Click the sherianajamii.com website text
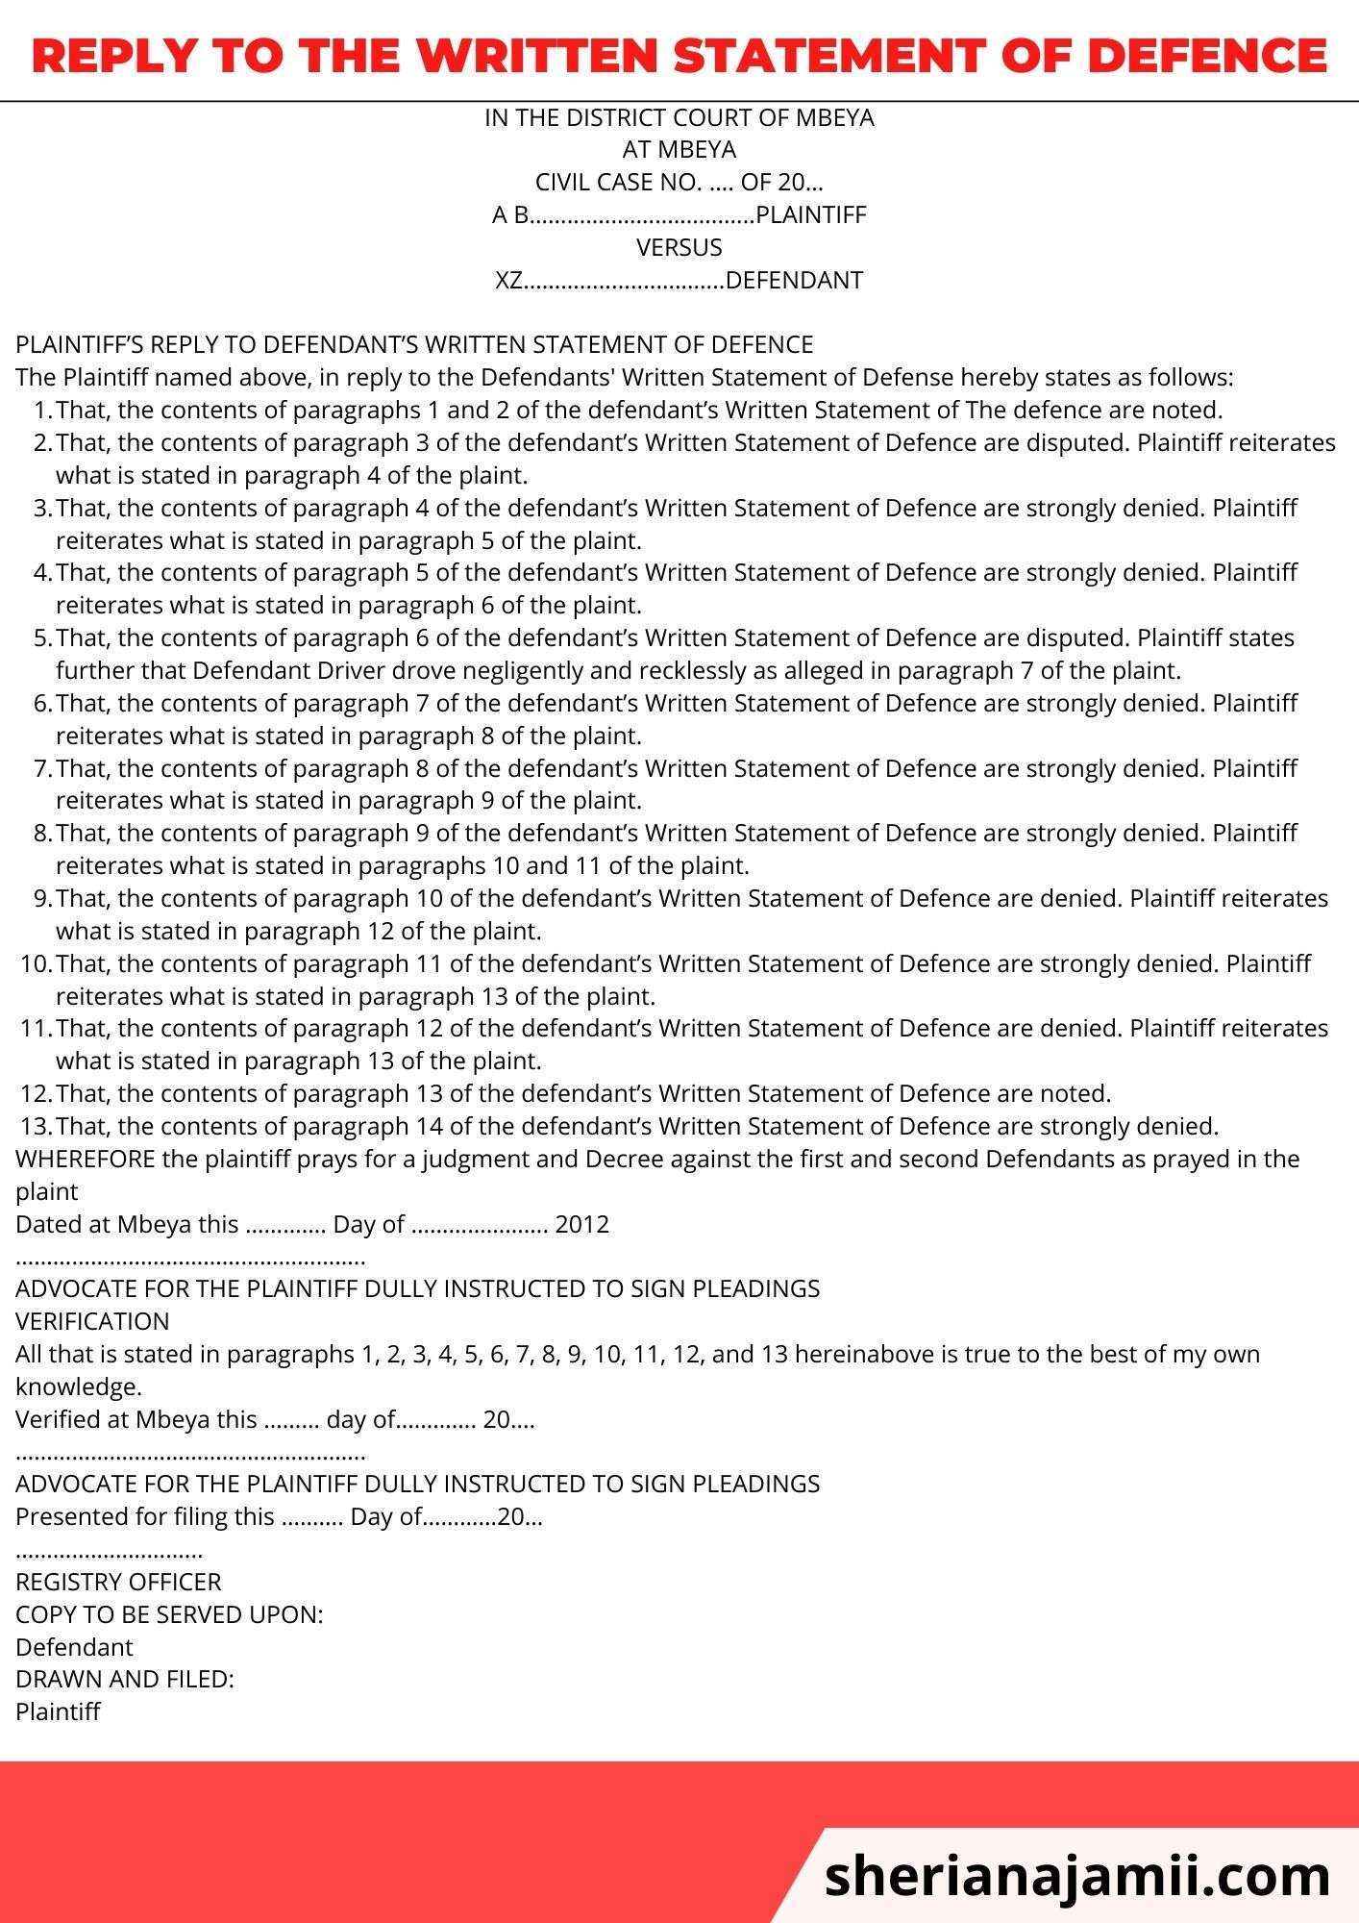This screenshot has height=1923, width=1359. (1076, 1876)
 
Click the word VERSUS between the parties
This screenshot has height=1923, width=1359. (679, 247)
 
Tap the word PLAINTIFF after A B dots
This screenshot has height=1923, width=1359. (811, 214)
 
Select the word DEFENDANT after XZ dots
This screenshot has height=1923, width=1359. (794, 280)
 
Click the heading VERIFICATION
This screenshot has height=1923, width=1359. (92, 1321)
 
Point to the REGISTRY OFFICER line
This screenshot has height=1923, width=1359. (118, 1582)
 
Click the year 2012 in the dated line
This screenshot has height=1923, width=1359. (582, 1224)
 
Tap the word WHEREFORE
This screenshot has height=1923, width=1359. (86, 1159)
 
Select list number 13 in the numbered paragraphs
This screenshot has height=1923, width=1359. (35, 1126)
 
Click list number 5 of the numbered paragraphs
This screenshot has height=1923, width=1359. (41, 637)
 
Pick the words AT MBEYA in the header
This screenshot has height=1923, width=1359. (679, 149)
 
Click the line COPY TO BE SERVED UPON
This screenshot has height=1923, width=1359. (169, 1614)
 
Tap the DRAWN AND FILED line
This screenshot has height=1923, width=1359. (125, 1680)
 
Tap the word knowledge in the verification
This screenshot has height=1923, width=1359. (78, 1386)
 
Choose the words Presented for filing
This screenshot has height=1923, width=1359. (145, 1516)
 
